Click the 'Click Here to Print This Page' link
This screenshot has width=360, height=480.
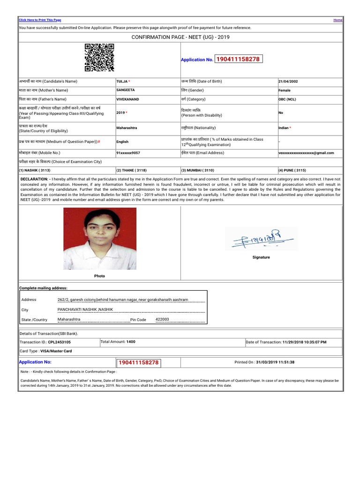(40, 20)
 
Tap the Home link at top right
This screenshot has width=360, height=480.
(337, 20)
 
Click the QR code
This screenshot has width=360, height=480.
(99, 57)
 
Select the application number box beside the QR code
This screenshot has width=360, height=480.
(238, 59)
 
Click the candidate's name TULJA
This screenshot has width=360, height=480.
(122, 82)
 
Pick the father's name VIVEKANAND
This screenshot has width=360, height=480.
(127, 99)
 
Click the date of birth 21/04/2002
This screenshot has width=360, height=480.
(288, 82)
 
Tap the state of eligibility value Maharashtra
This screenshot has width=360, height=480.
(127, 127)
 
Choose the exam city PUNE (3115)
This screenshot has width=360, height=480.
(292, 170)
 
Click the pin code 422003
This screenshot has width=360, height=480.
(162, 319)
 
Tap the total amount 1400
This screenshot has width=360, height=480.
(131, 342)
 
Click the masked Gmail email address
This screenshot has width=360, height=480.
(306, 153)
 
